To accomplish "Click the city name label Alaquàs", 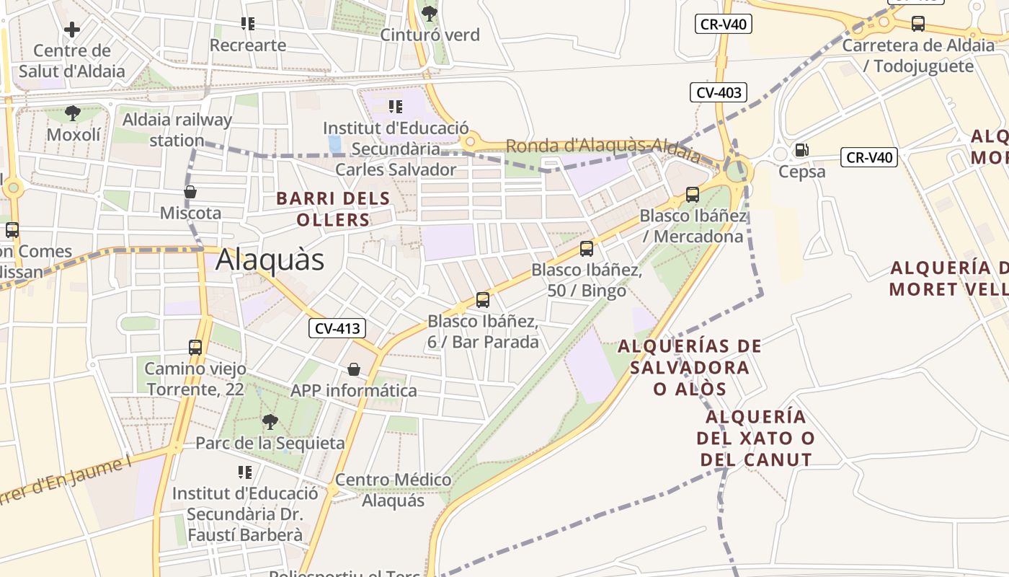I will (270, 260).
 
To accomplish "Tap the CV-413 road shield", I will (337, 329).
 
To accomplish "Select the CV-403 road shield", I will (719, 92).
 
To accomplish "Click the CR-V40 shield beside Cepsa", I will (868, 157).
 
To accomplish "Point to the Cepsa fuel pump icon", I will (801, 150).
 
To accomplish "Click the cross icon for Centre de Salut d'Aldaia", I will (72, 30).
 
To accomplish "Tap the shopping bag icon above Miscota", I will (190, 192).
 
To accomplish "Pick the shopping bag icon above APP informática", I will (354, 369).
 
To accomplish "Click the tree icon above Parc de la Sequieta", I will (270, 421).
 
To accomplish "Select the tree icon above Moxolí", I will (73, 113).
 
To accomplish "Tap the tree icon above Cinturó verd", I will (430, 13).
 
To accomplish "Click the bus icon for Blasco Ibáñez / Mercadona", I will (693, 194).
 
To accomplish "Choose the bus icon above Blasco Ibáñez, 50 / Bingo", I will (587, 249).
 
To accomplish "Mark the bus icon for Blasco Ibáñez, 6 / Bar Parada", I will (483, 299).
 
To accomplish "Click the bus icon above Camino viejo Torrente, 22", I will (195, 347).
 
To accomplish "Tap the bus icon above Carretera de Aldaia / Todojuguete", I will (918, 23).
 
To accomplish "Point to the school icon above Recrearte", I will (248, 24).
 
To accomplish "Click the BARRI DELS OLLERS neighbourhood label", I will (333, 208).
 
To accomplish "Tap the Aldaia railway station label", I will (177, 130).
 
